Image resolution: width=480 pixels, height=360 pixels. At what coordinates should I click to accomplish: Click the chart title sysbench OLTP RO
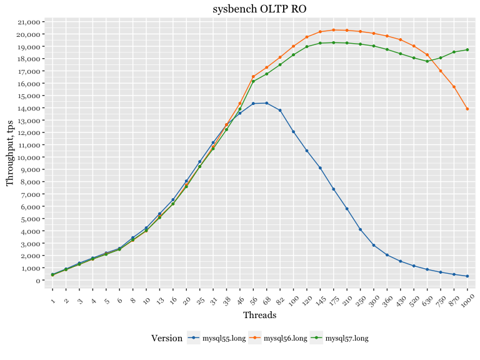coord(259,8)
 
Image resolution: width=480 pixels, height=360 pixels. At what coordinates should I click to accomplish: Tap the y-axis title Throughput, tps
coord(9,153)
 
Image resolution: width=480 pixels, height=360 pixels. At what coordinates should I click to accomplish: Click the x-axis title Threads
coord(259,315)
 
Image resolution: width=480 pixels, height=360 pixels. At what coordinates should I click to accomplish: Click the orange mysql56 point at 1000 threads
coord(467,109)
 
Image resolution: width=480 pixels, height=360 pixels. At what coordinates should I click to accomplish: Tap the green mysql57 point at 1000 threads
coord(467,50)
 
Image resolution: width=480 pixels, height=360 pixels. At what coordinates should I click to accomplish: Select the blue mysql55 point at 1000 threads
coord(467,276)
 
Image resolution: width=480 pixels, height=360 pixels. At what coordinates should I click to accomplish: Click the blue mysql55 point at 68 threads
coord(267,103)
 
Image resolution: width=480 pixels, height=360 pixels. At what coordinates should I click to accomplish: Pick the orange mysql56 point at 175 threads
coord(333,30)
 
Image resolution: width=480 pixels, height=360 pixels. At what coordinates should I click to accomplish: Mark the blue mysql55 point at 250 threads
coord(360,229)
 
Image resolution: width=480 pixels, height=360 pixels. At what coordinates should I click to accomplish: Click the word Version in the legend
coord(167,339)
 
